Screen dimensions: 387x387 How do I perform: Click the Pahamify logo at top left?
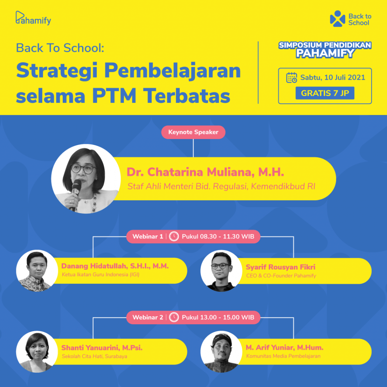click(x=33, y=18)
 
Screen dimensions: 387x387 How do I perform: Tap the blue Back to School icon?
click(x=337, y=19)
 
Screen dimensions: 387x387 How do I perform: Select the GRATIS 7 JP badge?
click(x=325, y=93)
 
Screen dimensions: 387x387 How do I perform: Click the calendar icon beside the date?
click(x=291, y=77)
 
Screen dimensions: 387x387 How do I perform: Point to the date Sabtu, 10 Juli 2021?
click(x=333, y=77)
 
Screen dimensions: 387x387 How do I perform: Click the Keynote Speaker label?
click(x=193, y=132)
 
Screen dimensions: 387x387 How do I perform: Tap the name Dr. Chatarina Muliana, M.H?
click(x=205, y=172)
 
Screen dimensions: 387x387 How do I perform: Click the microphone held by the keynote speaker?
click(x=76, y=192)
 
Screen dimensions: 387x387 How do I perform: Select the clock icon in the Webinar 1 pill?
click(x=174, y=237)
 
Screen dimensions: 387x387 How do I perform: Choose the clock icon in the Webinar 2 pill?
click(x=174, y=317)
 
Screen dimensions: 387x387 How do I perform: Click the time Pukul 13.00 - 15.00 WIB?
click(x=218, y=317)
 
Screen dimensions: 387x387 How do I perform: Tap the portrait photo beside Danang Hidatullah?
click(x=37, y=271)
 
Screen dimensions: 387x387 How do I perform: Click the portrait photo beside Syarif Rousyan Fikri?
click(x=221, y=271)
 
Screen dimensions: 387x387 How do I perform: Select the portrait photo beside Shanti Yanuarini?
click(x=37, y=352)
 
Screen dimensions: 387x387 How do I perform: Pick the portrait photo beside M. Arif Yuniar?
click(x=221, y=352)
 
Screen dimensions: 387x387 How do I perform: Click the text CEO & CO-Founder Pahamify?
click(x=281, y=276)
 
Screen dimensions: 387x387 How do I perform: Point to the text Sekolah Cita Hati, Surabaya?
click(x=94, y=356)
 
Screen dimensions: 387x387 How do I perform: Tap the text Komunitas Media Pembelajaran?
click(x=283, y=356)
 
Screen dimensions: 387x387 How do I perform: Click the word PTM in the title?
click(x=114, y=96)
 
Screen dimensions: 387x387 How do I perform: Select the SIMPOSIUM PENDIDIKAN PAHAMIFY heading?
click(x=325, y=50)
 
